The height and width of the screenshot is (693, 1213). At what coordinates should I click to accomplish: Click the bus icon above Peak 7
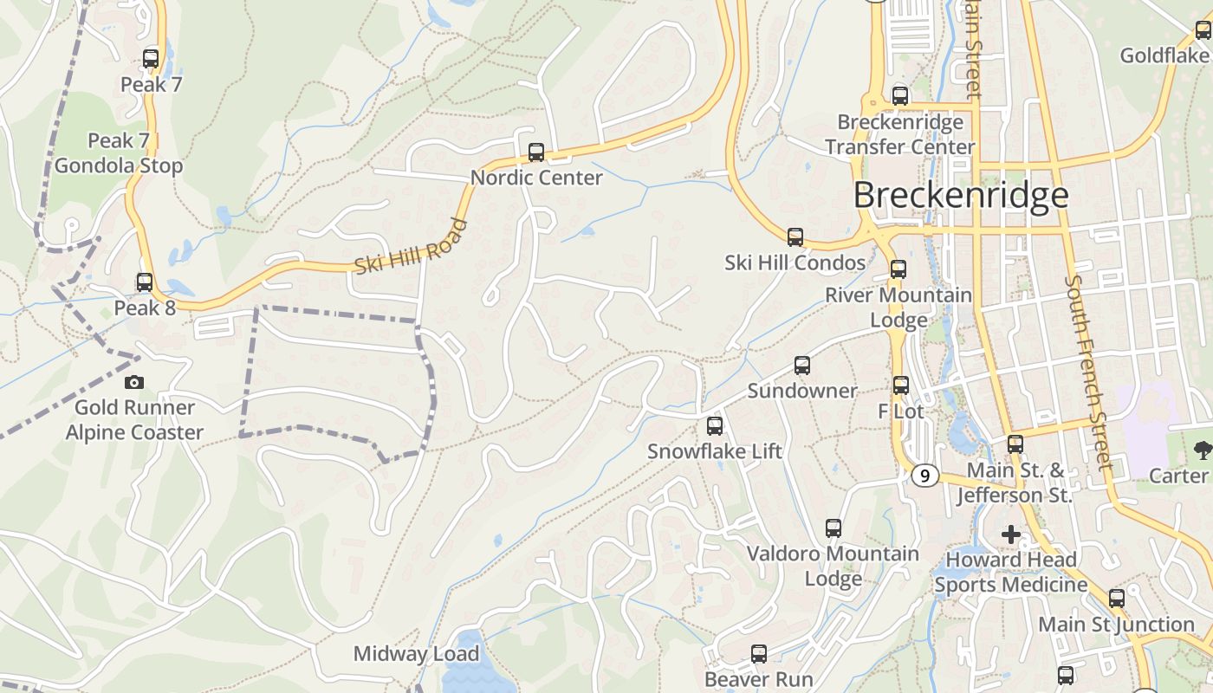click(151, 59)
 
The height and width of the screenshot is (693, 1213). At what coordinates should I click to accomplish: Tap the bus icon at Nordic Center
click(536, 152)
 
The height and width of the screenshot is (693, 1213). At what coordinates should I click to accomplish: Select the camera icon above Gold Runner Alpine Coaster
click(134, 382)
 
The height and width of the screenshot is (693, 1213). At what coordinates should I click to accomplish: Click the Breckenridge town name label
click(961, 196)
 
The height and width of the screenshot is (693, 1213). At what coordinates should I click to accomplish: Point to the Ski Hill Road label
click(412, 247)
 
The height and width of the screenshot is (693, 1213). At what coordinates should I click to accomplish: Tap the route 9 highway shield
click(925, 476)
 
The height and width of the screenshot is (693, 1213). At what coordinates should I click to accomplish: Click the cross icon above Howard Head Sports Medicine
click(1010, 534)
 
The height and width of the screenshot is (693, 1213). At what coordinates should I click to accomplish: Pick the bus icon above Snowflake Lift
click(715, 426)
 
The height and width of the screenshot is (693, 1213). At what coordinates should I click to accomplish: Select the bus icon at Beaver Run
click(759, 654)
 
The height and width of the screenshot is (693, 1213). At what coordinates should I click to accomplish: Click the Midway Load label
click(416, 654)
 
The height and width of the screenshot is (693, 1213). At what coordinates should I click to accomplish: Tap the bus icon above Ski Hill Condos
click(795, 237)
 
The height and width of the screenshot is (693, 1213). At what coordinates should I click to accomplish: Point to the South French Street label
click(1089, 372)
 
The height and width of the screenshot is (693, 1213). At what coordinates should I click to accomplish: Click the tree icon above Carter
click(1202, 450)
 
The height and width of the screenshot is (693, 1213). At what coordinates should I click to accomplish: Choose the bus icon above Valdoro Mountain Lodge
click(834, 528)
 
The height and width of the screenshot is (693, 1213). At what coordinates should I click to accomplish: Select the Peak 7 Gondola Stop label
click(119, 153)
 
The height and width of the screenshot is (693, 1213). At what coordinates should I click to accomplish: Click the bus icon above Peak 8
click(145, 282)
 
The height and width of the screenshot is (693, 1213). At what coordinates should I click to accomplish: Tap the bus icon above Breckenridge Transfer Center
click(900, 96)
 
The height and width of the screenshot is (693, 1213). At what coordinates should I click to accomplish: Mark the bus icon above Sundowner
click(802, 366)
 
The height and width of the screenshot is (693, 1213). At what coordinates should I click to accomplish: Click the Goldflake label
click(1164, 56)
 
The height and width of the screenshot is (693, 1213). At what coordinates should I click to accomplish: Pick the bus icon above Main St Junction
click(1117, 599)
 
